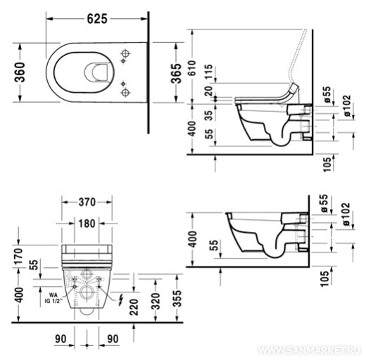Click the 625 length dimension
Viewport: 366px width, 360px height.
pyautogui.click(x=97, y=19)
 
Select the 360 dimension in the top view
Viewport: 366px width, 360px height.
pyautogui.click(x=20, y=72)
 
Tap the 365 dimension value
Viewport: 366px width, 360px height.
pyautogui.click(x=176, y=73)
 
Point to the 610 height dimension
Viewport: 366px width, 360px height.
pyautogui.click(x=192, y=68)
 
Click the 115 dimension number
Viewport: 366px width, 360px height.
pyautogui.click(x=208, y=72)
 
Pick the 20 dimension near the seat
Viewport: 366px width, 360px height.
pyautogui.click(x=208, y=91)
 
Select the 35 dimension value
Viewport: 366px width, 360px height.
pyautogui.click(x=208, y=115)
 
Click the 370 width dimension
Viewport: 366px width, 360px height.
pyautogui.click(x=87, y=202)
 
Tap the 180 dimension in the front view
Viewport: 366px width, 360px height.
pyautogui.click(x=87, y=224)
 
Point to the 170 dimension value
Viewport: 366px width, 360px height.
pyautogui.click(x=19, y=257)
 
